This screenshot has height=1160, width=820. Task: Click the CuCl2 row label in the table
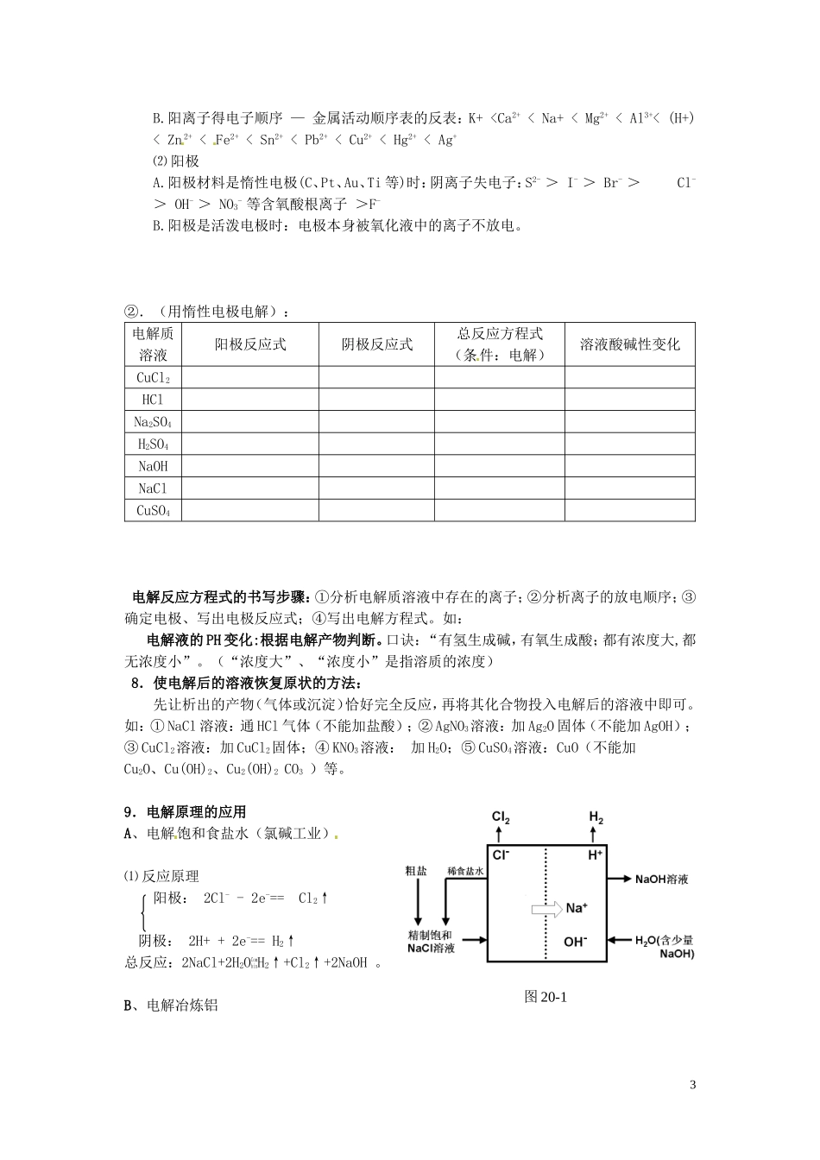pyautogui.click(x=153, y=377)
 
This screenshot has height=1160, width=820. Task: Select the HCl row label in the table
pyautogui.click(x=153, y=400)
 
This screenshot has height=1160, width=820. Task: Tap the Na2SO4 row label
pyautogui.click(x=153, y=422)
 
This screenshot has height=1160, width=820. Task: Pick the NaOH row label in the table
pyautogui.click(x=153, y=466)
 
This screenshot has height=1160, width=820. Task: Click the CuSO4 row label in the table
pyautogui.click(x=153, y=511)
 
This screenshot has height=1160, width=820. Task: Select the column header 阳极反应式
pyautogui.click(x=250, y=344)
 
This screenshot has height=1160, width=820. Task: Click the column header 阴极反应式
pyautogui.click(x=377, y=344)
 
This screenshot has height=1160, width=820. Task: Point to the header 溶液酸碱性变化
pyautogui.click(x=630, y=344)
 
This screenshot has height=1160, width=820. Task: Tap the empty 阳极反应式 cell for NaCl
pyautogui.click(x=250, y=489)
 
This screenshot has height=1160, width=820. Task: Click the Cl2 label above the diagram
pyautogui.click(x=501, y=816)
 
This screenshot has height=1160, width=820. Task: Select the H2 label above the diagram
pyautogui.click(x=596, y=816)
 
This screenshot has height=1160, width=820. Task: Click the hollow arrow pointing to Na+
pyautogui.click(x=545, y=908)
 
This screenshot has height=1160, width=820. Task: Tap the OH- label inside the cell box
pyautogui.click(x=576, y=942)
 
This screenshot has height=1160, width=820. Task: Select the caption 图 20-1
pyautogui.click(x=545, y=996)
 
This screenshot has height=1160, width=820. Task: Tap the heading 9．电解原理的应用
pyautogui.click(x=186, y=811)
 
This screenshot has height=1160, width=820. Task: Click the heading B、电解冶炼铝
pyautogui.click(x=171, y=1006)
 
